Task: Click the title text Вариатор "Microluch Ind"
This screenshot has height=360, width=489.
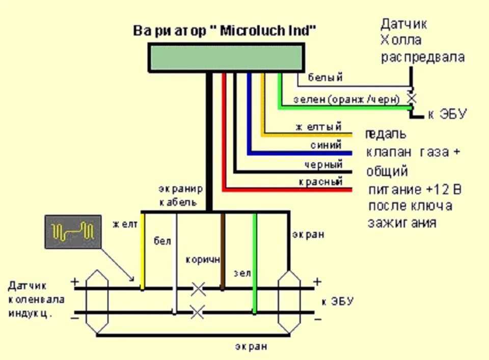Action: click(x=225, y=31)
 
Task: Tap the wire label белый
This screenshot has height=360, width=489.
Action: click(x=325, y=77)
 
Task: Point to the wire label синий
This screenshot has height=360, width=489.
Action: click(x=325, y=145)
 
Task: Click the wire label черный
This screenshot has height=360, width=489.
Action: click(x=322, y=164)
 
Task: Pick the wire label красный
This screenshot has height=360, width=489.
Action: click(x=321, y=182)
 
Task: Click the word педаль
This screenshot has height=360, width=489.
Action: click(x=386, y=134)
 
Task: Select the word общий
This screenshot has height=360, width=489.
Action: click(x=387, y=171)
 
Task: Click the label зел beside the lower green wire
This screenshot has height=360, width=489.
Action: click(x=242, y=273)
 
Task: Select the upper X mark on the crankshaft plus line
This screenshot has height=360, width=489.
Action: click(x=198, y=289)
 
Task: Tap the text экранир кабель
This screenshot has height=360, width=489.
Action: click(x=181, y=196)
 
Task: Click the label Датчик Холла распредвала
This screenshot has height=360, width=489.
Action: click(x=422, y=40)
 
